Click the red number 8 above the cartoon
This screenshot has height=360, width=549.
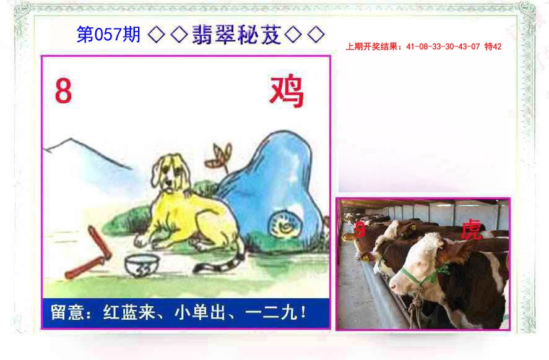(64, 92)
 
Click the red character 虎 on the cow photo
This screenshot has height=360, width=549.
(471, 230)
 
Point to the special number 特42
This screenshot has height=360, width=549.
(493, 46)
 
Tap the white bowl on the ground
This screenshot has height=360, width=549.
(140, 267)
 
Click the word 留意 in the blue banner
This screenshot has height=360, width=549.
(65, 314)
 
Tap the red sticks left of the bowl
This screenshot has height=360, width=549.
(90, 254)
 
